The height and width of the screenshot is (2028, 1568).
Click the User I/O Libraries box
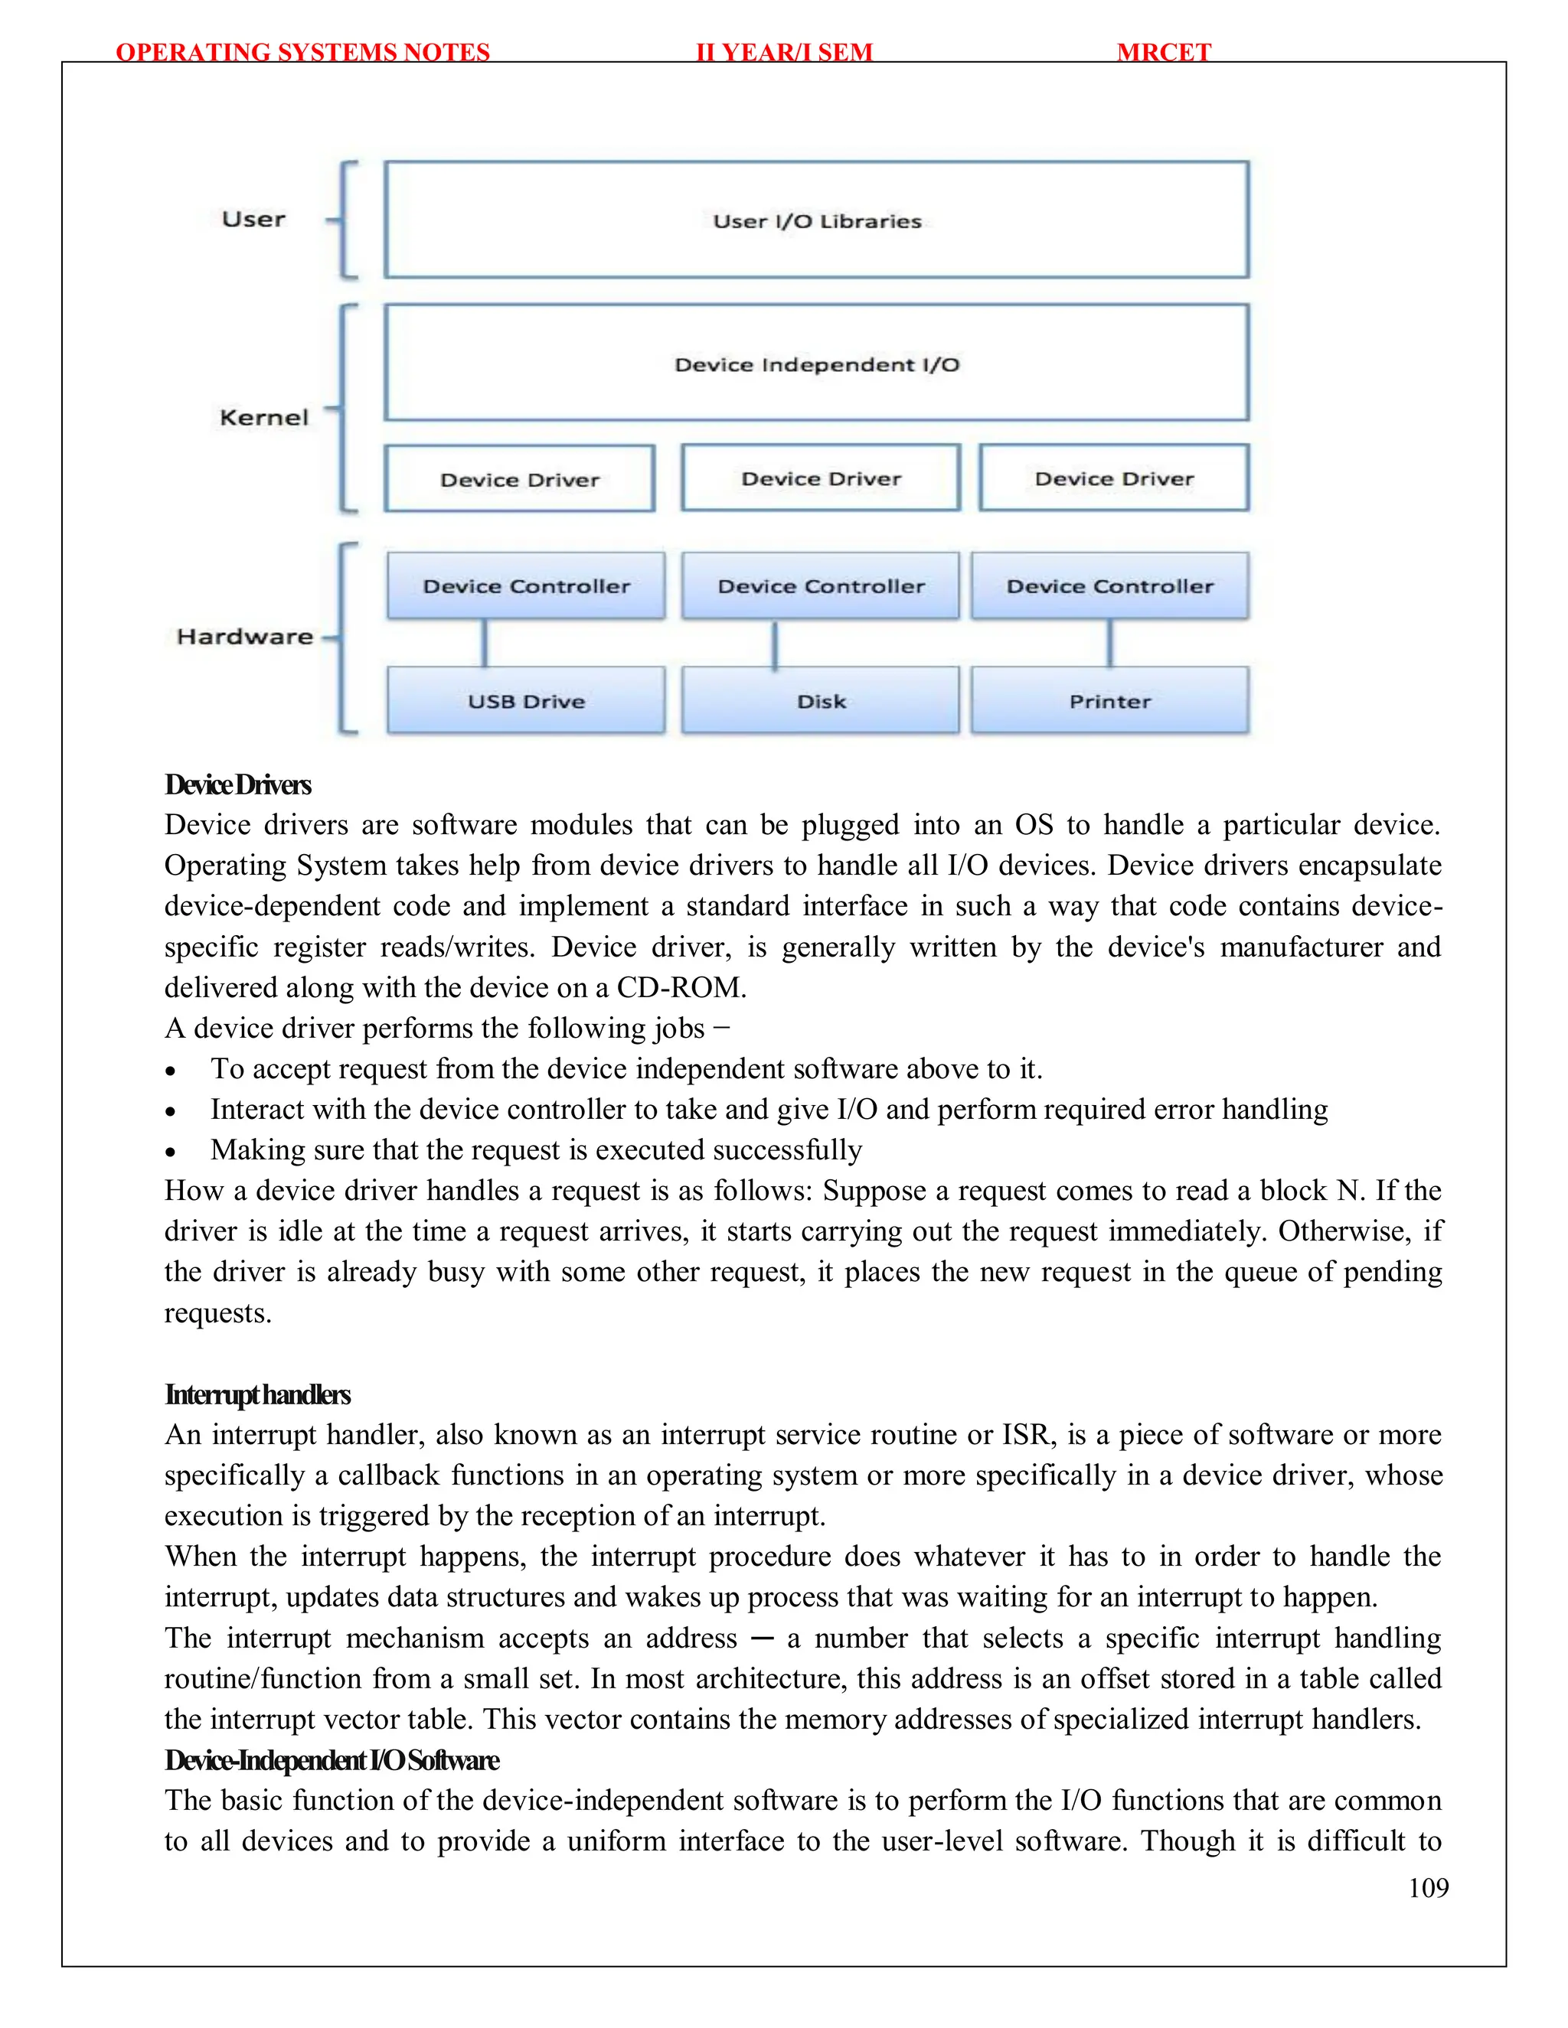click(x=816, y=220)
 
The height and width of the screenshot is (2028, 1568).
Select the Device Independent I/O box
click(x=816, y=363)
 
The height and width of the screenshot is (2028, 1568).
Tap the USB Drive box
click(x=526, y=700)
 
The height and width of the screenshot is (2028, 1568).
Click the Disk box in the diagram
click(x=820, y=700)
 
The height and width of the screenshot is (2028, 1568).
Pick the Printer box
click(x=1109, y=700)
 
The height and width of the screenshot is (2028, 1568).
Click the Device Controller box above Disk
click(x=820, y=586)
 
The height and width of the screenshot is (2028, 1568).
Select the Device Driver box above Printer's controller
click(x=1114, y=478)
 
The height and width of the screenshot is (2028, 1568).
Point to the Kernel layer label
click(x=264, y=417)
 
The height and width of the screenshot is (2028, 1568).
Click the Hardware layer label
click(x=245, y=636)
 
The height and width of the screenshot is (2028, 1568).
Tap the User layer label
click(x=253, y=219)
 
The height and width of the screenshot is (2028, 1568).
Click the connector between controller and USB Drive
click(x=484, y=643)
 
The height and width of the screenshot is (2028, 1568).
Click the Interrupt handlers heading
click(x=257, y=1394)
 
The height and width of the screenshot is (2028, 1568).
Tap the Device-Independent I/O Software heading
click(x=332, y=1761)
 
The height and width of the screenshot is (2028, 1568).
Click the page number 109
click(x=1428, y=1888)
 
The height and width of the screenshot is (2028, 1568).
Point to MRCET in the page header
click(x=1164, y=52)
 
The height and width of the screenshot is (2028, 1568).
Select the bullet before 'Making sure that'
click(x=170, y=1153)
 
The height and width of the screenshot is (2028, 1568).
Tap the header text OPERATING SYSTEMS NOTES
click(x=303, y=52)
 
